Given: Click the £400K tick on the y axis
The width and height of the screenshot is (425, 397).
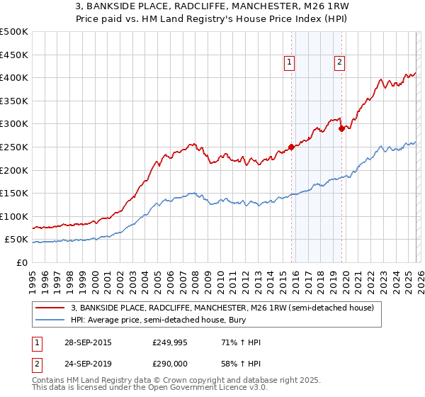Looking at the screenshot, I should click(x=14, y=77).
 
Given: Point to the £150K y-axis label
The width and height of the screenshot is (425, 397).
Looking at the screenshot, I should click(x=14, y=193).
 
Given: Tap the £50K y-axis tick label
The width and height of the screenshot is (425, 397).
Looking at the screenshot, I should click(x=17, y=240).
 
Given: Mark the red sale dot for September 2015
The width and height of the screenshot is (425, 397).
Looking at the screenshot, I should click(x=291, y=147).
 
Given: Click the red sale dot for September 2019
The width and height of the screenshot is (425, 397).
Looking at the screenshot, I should click(x=341, y=129).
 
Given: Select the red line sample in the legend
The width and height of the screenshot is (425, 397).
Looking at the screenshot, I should click(x=51, y=308).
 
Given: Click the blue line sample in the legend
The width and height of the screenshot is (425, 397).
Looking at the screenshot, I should click(x=51, y=320).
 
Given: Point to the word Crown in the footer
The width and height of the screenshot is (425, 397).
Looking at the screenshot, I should click(x=156, y=381).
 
